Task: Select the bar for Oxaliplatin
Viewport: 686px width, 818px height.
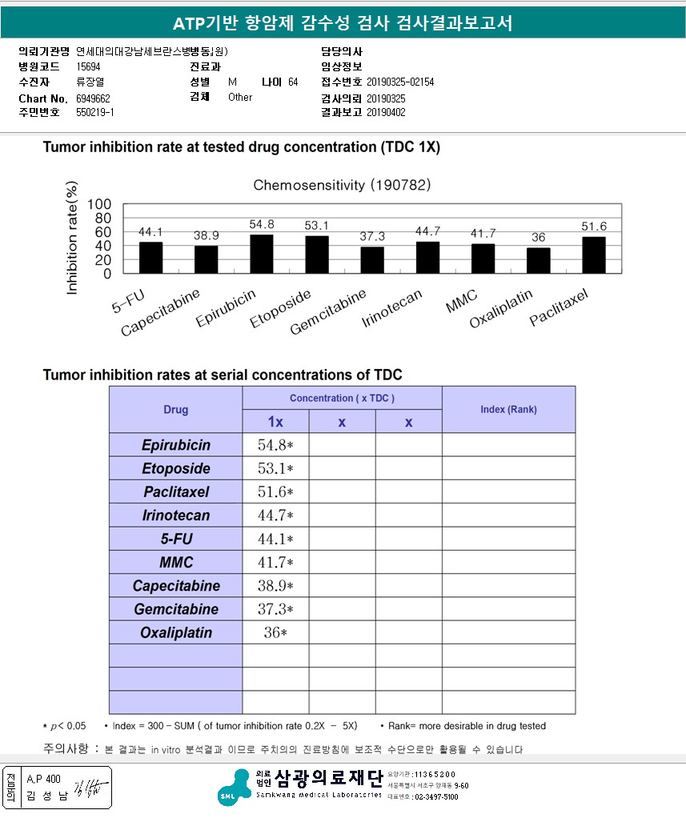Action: click(538, 260)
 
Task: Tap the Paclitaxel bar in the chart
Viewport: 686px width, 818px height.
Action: click(593, 255)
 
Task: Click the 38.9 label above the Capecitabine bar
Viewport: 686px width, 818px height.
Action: click(207, 236)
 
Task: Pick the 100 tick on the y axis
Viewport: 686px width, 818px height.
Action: click(99, 204)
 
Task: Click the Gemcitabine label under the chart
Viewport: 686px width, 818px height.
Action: click(327, 313)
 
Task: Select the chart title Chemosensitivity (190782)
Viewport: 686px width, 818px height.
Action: click(343, 185)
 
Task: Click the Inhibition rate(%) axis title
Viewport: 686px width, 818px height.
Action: click(73, 239)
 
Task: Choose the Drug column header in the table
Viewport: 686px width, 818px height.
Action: click(176, 410)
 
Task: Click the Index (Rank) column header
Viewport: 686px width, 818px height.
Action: click(508, 409)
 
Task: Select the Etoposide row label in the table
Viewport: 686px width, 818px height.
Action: click(176, 468)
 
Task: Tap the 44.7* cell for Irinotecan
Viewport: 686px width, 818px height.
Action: click(275, 515)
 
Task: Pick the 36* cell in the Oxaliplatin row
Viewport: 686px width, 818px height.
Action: click(275, 632)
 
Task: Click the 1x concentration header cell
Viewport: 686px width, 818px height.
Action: click(275, 422)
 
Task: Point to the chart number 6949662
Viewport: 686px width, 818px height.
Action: click(93, 98)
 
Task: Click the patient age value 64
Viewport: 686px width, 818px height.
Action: click(293, 82)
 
